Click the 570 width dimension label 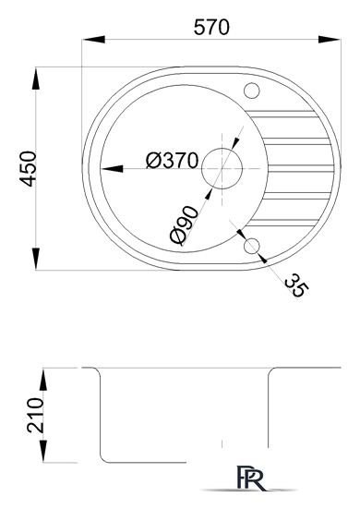click(211, 28)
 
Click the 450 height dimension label click(28, 168)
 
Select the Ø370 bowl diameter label click(172, 161)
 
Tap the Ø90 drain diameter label click(184, 225)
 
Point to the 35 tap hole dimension click(296, 285)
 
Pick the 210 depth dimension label click(35, 415)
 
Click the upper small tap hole click(252, 91)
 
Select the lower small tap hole click(252, 246)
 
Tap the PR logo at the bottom click(249, 478)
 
